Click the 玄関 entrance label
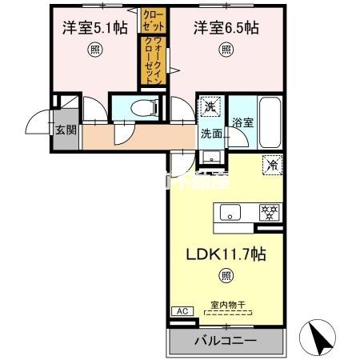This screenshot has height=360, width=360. coord(66,129)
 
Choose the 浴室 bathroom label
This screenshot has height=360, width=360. coord(242,124)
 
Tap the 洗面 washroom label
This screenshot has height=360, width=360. coord(211,134)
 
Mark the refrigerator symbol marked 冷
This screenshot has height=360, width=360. coord(271,165)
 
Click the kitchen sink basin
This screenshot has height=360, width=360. coord(229,213)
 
